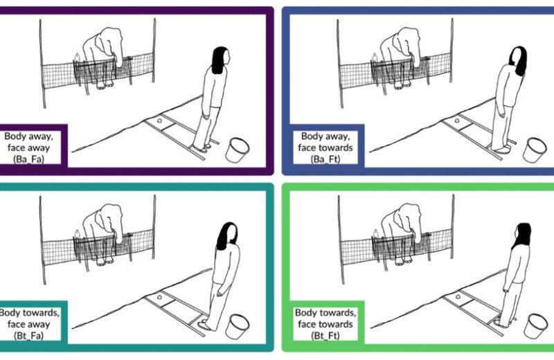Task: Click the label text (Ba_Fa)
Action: [x=28, y=159]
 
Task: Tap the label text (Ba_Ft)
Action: [x=325, y=159]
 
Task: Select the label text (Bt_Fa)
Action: [x=28, y=335]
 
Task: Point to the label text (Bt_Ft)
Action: [x=325, y=335]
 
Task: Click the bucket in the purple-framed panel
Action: [x=237, y=150]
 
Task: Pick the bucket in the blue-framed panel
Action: [x=535, y=150]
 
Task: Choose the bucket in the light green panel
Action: [x=535, y=327]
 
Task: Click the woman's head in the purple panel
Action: [x=221, y=60]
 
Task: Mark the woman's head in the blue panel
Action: [x=518, y=60]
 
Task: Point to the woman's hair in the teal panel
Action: [x=226, y=236]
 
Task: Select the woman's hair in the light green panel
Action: [x=522, y=236]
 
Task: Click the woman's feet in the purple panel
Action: [x=202, y=147]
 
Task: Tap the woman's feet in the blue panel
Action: [x=501, y=148]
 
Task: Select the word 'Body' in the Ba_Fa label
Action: [x=15, y=137]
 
